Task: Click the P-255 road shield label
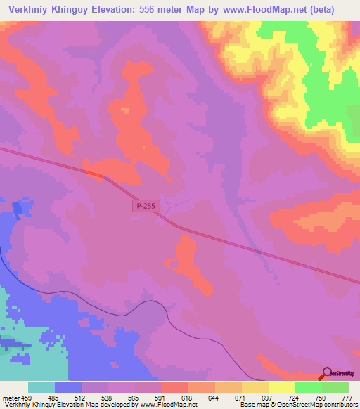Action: (145, 205)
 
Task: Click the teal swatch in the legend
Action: (41, 387)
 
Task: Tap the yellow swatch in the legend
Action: (281, 387)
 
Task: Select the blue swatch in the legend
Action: (68, 387)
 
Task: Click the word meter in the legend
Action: (9, 398)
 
